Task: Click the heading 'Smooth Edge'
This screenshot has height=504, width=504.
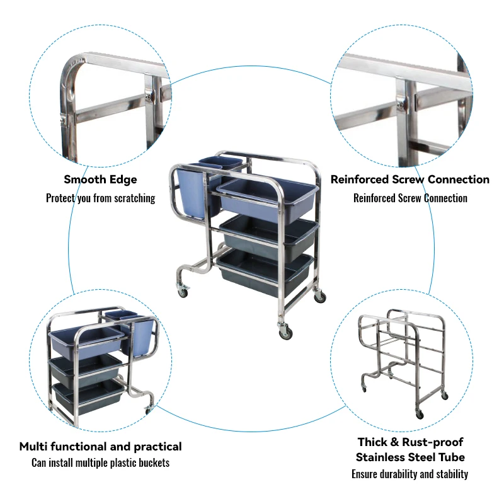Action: [100, 180]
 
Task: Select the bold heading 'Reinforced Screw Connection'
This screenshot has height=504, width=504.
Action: [410, 180]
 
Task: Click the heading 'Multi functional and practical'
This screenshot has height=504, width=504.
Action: [100, 447]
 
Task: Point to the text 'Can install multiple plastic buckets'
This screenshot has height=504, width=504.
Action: [100, 463]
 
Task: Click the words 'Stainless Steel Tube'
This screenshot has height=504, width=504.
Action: [410, 457]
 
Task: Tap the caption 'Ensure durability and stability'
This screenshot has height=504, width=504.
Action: [410, 474]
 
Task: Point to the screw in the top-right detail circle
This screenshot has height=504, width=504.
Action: [402, 101]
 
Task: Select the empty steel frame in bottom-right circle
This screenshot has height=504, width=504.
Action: [401, 359]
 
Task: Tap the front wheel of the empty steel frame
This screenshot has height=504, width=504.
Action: [419, 414]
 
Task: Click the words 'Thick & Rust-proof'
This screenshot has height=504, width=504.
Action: [410, 442]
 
